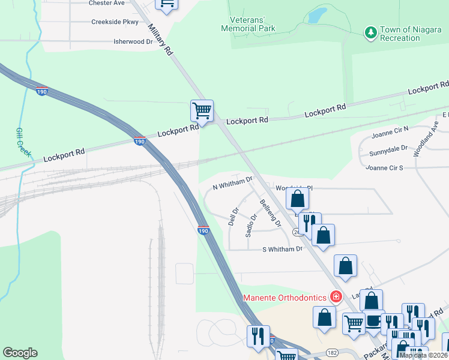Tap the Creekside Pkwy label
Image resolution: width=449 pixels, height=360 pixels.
115,22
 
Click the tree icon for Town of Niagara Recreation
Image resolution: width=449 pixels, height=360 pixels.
371,31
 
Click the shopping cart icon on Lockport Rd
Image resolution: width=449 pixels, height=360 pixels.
202,110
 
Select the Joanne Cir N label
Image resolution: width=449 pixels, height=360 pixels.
390,128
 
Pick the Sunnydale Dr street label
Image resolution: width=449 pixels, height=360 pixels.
388,148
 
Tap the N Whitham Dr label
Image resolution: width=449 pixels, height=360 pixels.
235,182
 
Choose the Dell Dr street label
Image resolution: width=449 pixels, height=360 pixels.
234,217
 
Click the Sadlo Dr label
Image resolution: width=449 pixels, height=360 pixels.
251,225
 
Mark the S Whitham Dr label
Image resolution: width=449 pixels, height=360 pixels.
283,249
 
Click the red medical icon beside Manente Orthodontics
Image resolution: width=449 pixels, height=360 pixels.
336,297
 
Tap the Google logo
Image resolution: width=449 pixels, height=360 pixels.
20,353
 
